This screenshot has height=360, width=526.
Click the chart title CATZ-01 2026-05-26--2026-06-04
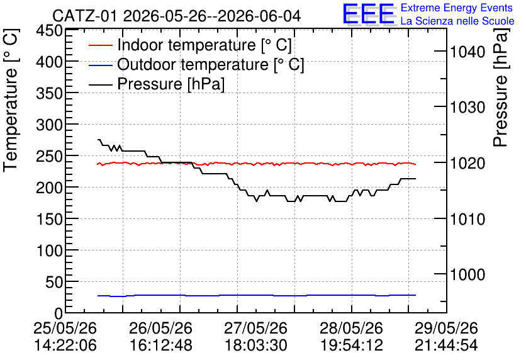176,16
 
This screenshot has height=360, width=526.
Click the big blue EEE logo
369,14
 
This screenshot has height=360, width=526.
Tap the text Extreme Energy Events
457,8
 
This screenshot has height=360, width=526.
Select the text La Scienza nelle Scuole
457,21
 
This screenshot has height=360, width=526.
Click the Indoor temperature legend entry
190,45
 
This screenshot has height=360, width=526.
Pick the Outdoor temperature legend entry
196,64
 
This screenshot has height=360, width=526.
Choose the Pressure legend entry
157,84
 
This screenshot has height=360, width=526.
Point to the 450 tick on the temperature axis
50,31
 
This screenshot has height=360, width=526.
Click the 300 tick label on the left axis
50,125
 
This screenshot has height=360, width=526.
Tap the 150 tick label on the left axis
50,219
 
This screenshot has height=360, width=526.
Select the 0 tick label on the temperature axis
59,313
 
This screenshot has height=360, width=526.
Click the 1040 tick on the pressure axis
467,52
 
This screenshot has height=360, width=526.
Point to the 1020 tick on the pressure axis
467,164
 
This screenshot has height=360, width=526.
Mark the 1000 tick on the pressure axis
467,275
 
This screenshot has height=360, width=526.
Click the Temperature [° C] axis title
11,101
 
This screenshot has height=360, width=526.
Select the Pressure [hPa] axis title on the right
501,87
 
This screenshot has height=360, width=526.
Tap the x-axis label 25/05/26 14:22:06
65,337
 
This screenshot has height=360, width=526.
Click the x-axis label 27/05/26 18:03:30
255,337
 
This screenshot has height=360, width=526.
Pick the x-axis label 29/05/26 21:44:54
446,337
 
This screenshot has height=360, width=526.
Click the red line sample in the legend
100,45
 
